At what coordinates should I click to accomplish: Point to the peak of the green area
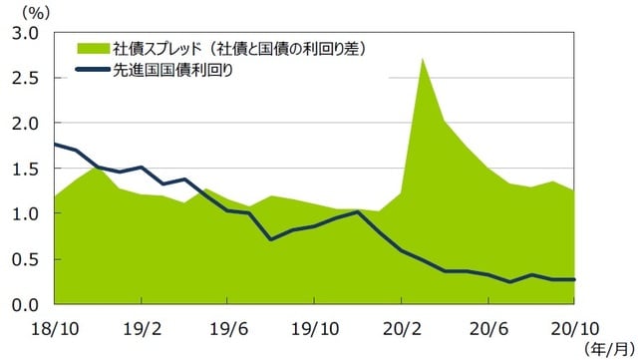pos(423,59)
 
